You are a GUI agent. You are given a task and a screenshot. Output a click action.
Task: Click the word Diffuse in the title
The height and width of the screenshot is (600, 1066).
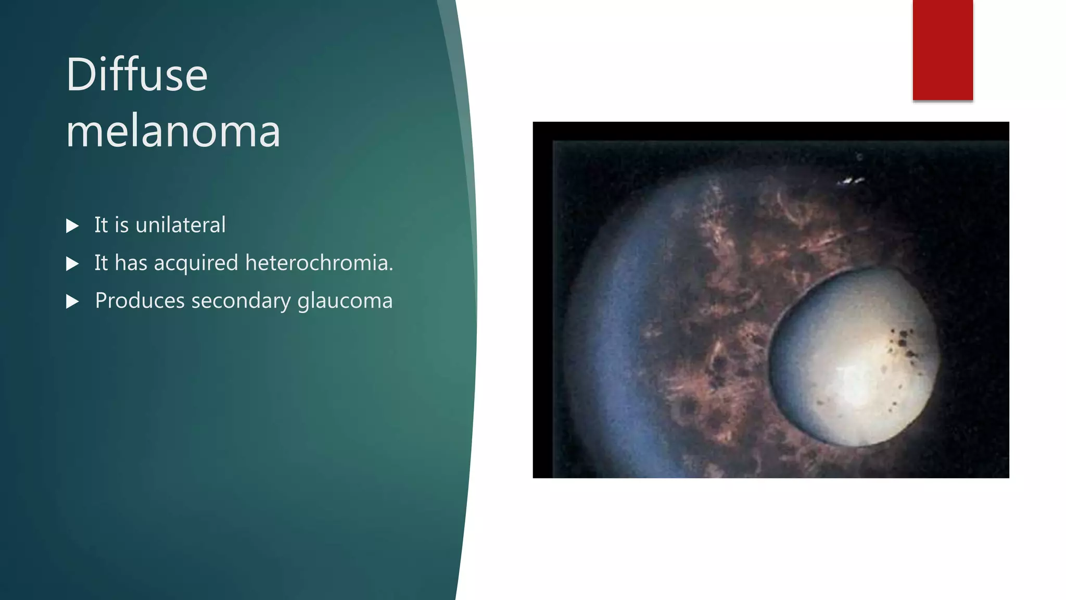[136, 75]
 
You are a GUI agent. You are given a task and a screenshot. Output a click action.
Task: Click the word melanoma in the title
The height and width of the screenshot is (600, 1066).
[173, 131]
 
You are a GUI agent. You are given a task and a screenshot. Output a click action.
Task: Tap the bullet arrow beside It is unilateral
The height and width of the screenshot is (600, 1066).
[72, 226]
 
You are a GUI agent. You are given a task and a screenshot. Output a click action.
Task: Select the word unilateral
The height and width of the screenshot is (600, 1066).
[180, 225]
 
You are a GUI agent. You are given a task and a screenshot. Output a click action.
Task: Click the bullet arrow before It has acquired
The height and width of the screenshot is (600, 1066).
[72, 264]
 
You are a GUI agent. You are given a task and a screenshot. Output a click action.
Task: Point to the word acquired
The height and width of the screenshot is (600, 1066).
[196, 264]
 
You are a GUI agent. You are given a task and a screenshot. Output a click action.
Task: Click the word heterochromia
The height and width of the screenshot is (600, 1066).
[319, 262]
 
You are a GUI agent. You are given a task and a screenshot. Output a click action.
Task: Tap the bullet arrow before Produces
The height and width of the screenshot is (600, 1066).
[72, 302]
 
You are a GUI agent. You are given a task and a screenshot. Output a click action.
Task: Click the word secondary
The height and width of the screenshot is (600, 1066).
[240, 301]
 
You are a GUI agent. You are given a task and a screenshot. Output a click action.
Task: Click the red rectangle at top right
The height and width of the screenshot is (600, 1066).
[942, 50]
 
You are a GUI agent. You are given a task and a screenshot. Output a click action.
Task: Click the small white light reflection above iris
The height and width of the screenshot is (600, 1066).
[851, 181]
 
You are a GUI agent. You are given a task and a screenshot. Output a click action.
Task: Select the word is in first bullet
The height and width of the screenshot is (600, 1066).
[121, 225]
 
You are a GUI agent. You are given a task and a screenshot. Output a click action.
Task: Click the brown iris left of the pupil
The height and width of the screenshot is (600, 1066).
[718, 333]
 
